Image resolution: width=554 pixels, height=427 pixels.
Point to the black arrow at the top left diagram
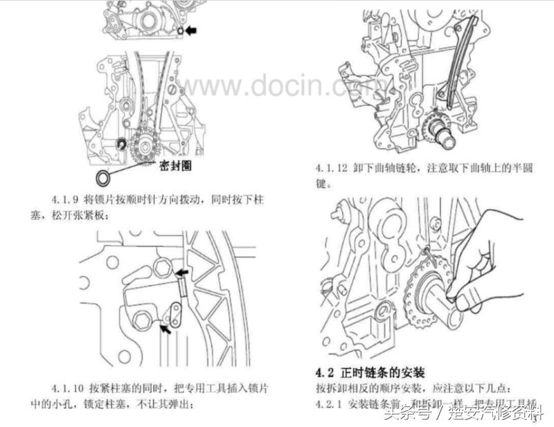point(192,30)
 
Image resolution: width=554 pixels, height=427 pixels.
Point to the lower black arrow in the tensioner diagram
point(166,331)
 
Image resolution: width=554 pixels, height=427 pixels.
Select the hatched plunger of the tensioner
point(183,286)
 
